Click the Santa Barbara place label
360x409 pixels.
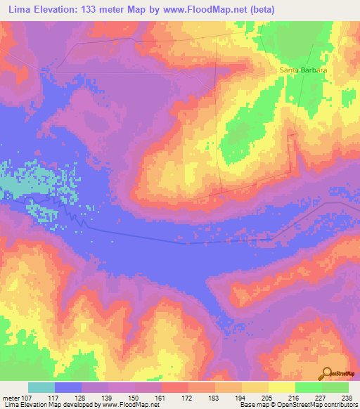click(x=304, y=70)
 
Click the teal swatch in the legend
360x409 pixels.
click(x=41, y=387)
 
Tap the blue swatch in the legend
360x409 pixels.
click(x=67, y=387)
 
